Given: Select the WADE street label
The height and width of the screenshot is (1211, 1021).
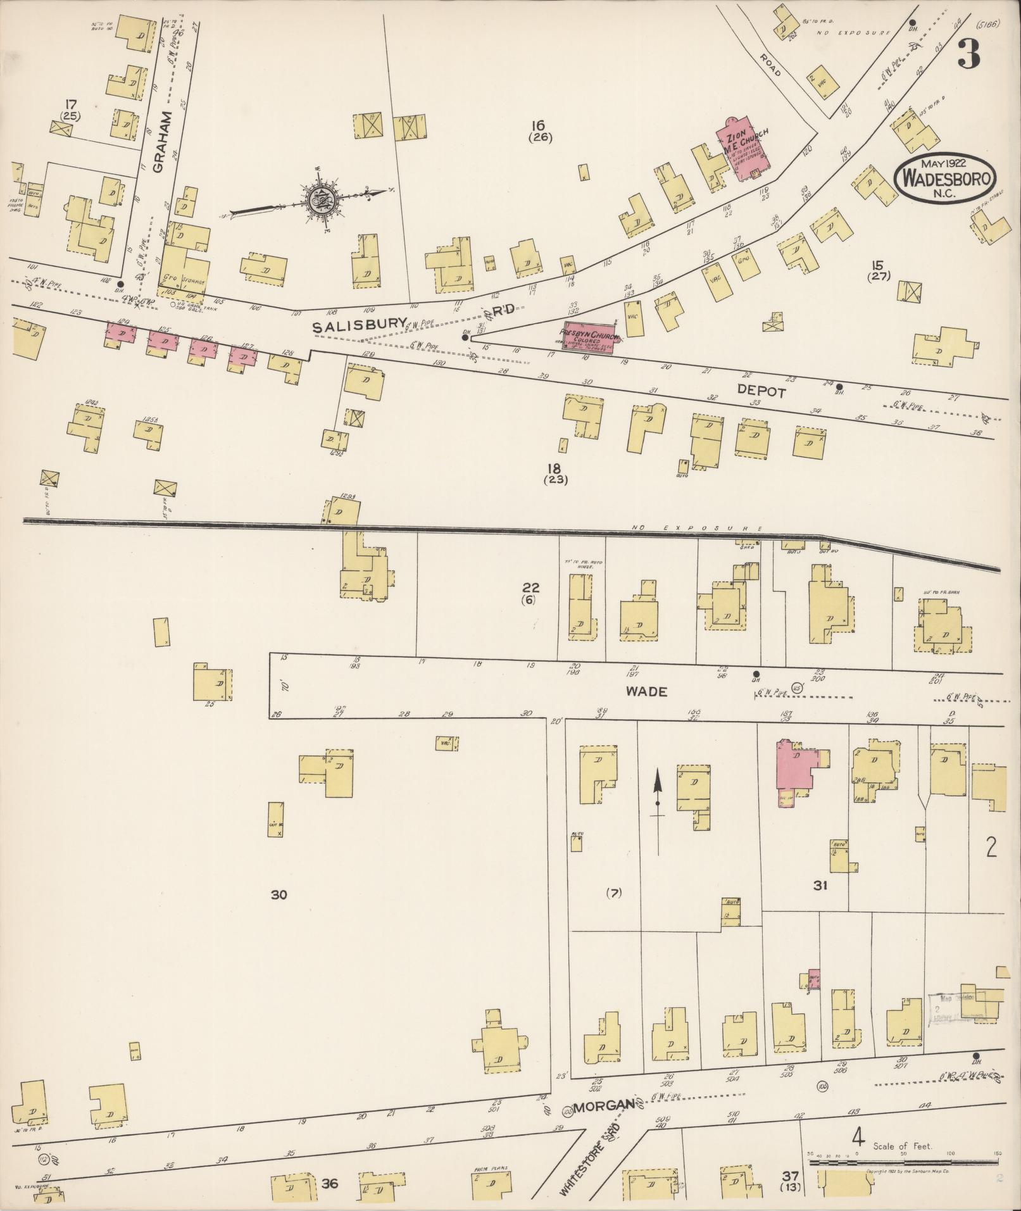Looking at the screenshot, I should click(x=646, y=692).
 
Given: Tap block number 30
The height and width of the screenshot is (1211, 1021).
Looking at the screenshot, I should click(x=279, y=894).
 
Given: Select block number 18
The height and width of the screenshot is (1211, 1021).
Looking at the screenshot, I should click(x=554, y=468).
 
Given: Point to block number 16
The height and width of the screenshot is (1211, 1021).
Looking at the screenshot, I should click(x=539, y=125).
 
